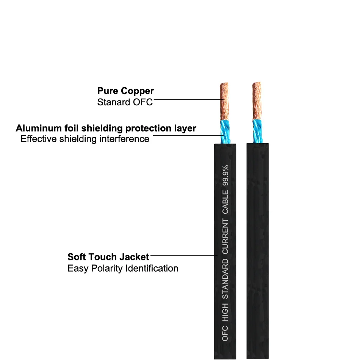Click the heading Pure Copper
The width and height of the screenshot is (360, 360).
(x=125, y=91)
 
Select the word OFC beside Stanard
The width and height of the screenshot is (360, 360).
(x=142, y=102)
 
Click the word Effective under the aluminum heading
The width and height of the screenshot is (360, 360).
(x=39, y=139)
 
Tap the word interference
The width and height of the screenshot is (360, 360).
(x=124, y=139)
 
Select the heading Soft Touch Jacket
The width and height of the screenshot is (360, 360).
(x=108, y=257)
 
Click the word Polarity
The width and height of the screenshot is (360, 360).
(x=107, y=269)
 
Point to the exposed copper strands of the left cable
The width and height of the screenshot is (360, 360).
(x=224, y=102)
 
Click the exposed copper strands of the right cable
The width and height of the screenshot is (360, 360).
(x=257, y=101)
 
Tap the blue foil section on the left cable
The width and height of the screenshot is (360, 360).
(x=225, y=132)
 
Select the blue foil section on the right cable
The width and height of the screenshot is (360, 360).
(x=258, y=131)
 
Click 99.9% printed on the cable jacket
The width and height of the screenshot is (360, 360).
(x=225, y=175)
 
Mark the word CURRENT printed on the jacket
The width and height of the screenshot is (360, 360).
(x=225, y=236)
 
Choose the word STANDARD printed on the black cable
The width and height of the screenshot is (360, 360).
(x=225, y=279)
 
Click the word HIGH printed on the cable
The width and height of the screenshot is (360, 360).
(x=225, y=312)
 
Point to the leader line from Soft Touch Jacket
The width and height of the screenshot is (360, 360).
(x=184, y=255)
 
